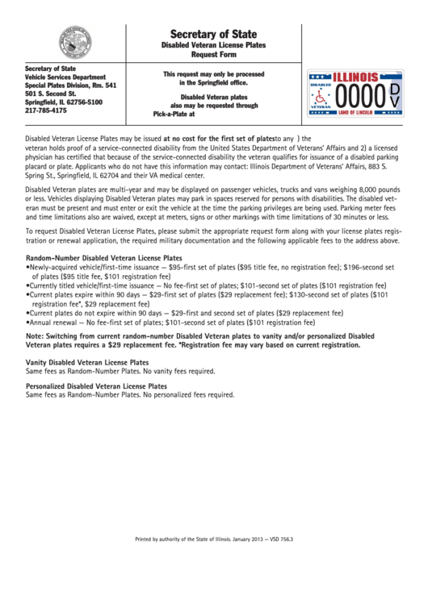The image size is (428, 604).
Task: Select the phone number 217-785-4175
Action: [x=47, y=111]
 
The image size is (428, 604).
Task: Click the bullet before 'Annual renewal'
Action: [x=28, y=322]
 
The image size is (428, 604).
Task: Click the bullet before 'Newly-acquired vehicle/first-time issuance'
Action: [x=28, y=266]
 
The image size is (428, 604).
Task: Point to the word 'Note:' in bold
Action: [x=36, y=335]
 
